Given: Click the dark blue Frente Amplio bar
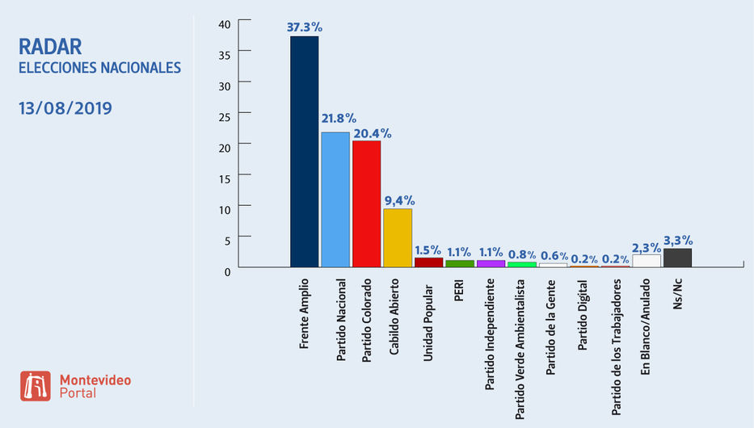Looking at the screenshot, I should point(304,152).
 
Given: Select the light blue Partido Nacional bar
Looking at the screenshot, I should point(335,199).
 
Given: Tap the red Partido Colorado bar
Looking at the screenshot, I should point(366,204).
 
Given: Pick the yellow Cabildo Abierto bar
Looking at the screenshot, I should point(398,237).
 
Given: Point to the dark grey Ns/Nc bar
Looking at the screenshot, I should point(677,258).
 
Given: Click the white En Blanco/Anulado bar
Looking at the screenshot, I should point(647,261).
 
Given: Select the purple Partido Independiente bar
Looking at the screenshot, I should point(491,263).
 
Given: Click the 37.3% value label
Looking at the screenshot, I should point(304,27).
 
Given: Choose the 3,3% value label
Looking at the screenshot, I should point(677,239).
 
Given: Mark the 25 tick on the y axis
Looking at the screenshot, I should point(225,115).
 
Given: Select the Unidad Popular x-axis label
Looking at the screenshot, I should point(428,314).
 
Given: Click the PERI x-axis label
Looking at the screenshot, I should point(460,292).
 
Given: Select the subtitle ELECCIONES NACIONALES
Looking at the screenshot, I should point(99,68).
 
